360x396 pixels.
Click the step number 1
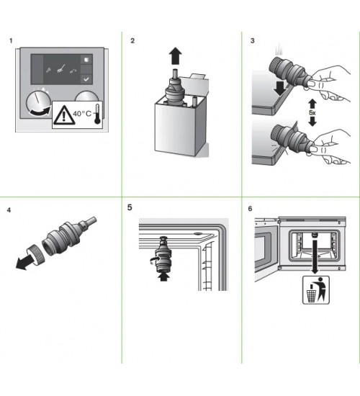pos(11,40)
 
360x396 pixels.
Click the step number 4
pos(9,210)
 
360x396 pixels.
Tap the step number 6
pos(250,209)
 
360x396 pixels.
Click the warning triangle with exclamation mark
pos(63,115)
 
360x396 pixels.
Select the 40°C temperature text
pos(82,114)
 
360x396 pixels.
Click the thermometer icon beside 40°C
pos(97,114)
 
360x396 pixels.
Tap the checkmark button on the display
pos(86,79)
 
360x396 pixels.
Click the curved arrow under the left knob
pos(40,112)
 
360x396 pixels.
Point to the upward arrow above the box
pos(176,56)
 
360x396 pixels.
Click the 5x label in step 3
pos(312,112)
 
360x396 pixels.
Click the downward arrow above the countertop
pos(280,89)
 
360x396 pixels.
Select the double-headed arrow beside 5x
pos(312,112)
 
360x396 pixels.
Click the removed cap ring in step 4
pos(35,254)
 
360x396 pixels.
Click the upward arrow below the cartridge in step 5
pos(164,277)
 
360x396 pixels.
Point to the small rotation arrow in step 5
pos(153,260)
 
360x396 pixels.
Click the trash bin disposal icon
pos(316,290)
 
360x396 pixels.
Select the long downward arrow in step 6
pos(315,257)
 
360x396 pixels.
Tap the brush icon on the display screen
pos(60,69)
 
